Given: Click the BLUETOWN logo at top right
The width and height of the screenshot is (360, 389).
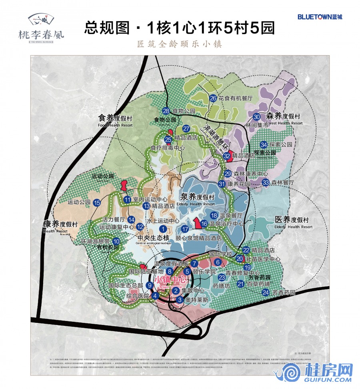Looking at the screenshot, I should pos(320,17).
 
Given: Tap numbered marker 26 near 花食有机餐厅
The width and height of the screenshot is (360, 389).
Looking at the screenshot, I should pos(213,98).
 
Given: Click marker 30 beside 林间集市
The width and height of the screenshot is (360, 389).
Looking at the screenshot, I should pos(257,117).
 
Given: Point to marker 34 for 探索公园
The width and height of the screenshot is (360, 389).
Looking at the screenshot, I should pos(264,144).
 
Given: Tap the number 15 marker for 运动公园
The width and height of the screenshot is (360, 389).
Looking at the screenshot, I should pos(97,203).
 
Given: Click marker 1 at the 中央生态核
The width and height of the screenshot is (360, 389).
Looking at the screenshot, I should pos(163,229).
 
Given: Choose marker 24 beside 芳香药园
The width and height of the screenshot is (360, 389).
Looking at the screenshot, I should pos(266,292).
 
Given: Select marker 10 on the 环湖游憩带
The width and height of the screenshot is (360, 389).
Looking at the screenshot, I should pos(116,241).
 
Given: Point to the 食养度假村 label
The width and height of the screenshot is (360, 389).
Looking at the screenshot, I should pos(115,118).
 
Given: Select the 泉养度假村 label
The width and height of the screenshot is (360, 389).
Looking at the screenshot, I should pos(196,197).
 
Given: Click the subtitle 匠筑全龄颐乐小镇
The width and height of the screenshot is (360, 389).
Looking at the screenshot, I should pos(180,44).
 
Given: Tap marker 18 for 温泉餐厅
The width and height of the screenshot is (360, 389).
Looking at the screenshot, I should pos(214,215).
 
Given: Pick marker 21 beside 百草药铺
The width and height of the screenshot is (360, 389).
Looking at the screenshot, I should pos(240,284).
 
